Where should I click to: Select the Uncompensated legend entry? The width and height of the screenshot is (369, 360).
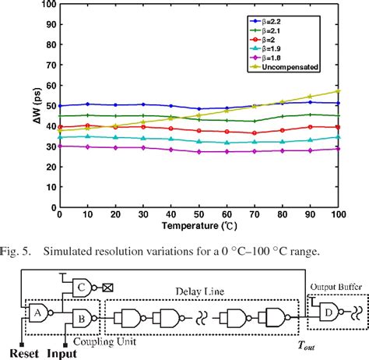[x=288, y=68]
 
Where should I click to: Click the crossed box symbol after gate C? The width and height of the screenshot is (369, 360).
[x=107, y=286]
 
